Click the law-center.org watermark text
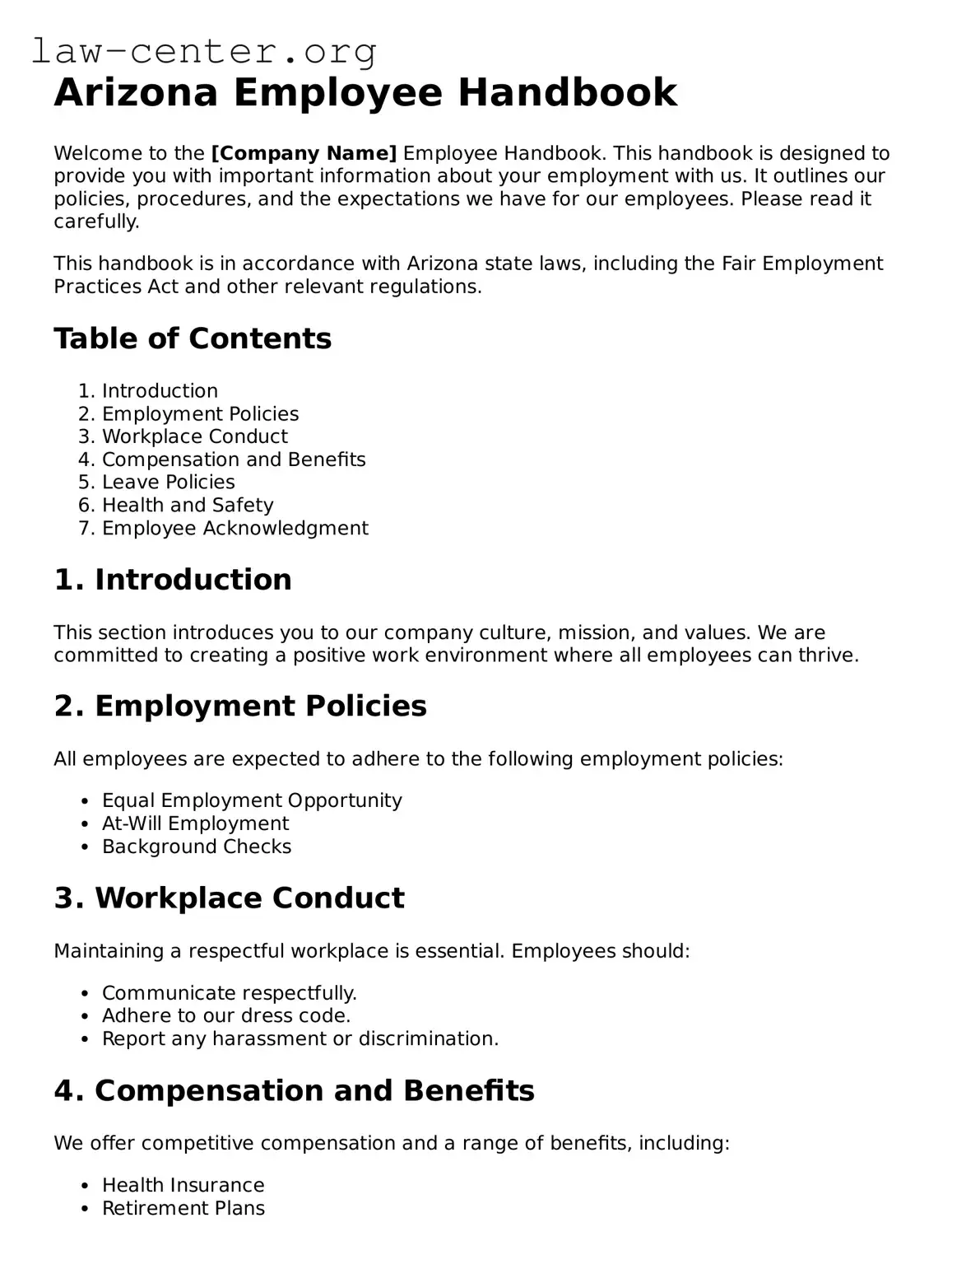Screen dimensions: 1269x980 (x=204, y=51)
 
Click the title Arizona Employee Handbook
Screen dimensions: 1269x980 (x=365, y=92)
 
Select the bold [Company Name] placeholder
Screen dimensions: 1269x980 (x=304, y=153)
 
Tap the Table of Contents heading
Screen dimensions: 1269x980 (x=193, y=338)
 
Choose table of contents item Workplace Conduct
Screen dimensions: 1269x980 (x=194, y=436)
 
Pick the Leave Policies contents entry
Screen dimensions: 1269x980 (x=168, y=483)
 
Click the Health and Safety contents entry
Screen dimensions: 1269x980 (x=187, y=505)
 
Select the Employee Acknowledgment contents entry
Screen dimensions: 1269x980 (x=235, y=528)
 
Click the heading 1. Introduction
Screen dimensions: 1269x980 (x=173, y=580)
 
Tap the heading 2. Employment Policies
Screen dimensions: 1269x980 (x=240, y=707)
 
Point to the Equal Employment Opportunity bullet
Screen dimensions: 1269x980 (x=252, y=800)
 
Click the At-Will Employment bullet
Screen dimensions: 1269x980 (x=195, y=823)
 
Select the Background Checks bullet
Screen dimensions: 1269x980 (x=197, y=847)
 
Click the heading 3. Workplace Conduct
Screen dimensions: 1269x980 (x=229, y=898)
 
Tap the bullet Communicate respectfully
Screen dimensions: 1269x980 (x=229, y=993)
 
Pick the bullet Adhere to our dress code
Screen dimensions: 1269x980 (x=226, y=1015)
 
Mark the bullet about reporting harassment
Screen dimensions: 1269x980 (x=300, y=1038)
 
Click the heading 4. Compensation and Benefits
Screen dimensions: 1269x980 (x=294, y=1091)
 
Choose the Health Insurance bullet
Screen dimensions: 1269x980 (x=183, y=1185)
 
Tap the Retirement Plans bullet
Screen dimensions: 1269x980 (x=183, y=1208)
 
